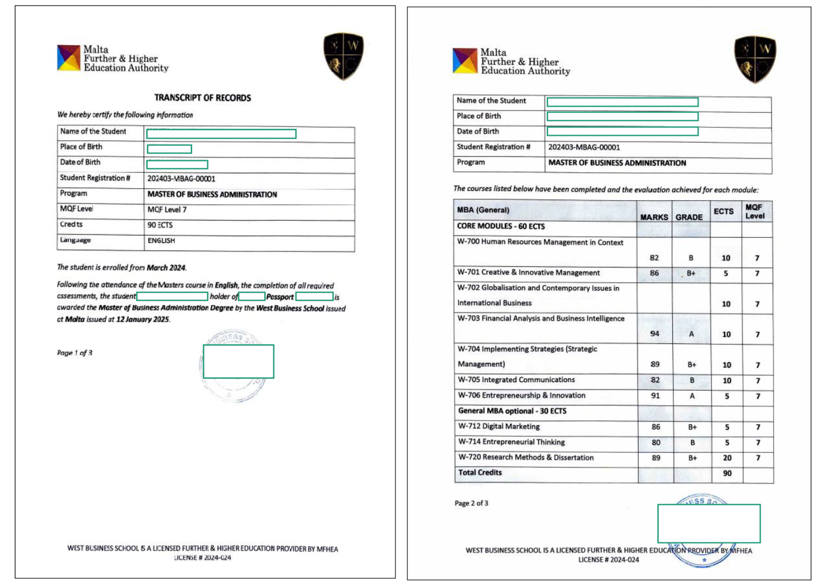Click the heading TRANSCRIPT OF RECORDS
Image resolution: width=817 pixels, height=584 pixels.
click(x=202, y=98)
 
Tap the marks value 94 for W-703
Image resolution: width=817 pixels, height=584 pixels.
click(x=655, y=334)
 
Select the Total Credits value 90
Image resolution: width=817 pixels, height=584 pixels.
click(x=727, y=473)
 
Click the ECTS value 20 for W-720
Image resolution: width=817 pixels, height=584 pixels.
click(x=727, y=457)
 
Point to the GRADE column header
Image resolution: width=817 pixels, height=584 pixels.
click(x=689, y=217)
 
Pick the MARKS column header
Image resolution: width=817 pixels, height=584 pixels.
click(x=654, y=217)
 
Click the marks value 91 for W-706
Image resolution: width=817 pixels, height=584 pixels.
click(x=655, y=395)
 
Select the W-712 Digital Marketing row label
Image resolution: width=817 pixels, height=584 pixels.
click(x=499, y=426)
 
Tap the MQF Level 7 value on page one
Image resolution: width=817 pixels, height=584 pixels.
click(x=167, y=209)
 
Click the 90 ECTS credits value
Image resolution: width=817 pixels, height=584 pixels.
click(x=160, y=225)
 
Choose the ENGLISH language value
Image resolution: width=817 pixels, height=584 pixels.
click(x=161, y=240)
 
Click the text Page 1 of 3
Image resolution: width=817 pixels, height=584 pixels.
click(x=75, y=352)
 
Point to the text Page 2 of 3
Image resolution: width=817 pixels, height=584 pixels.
click(x=471, y=503)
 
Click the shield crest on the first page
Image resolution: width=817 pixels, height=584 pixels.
click(x=343, y=56)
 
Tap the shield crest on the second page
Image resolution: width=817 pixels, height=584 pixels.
click(x=755, y=59)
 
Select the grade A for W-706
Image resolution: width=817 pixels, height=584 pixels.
click(x=692, y=395)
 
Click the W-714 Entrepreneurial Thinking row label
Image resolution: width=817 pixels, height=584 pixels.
click(x=512, y=442)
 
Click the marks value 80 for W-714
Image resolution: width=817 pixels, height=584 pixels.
click(x=656, y=442)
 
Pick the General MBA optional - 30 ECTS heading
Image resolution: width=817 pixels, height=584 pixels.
click(x=512, y=411)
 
